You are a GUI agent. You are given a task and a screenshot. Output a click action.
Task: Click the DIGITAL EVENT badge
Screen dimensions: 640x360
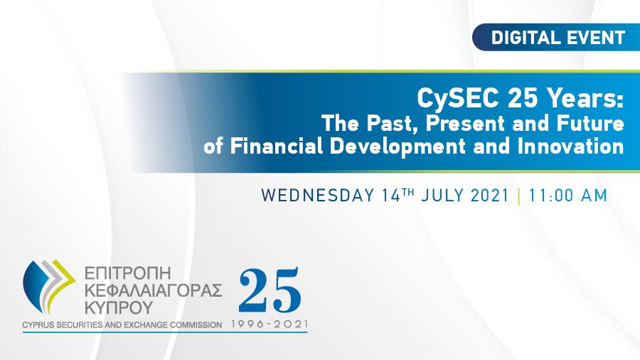[x=556, y=37]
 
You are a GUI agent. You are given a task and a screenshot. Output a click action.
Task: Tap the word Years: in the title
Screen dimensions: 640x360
[x=586, y=97]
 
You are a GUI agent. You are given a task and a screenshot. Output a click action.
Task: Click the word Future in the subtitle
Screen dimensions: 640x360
[x=590, y=123]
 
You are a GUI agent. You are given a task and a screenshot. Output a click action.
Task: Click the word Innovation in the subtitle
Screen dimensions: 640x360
[x=570, y=146]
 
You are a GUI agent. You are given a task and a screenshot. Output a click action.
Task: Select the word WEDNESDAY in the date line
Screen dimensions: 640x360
[x=318, y=195]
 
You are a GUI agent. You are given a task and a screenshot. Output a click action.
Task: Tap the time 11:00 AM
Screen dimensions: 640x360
[x=568, y=195]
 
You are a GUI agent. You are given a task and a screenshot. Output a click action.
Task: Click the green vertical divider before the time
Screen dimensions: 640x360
[x=519, y=196]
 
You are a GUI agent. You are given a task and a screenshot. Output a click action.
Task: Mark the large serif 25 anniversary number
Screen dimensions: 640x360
[x=270, y=290]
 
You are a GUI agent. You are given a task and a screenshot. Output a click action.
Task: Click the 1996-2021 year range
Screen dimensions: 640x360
[x=270, y=324]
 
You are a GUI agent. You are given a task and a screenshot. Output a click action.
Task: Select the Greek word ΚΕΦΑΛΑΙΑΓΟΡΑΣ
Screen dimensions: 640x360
[x=153, y=290]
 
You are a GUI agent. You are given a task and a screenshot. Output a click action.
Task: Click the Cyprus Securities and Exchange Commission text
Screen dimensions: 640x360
[x=122, y=325]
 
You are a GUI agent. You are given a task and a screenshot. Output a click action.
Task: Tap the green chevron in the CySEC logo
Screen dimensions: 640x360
[x=61, y=282]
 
